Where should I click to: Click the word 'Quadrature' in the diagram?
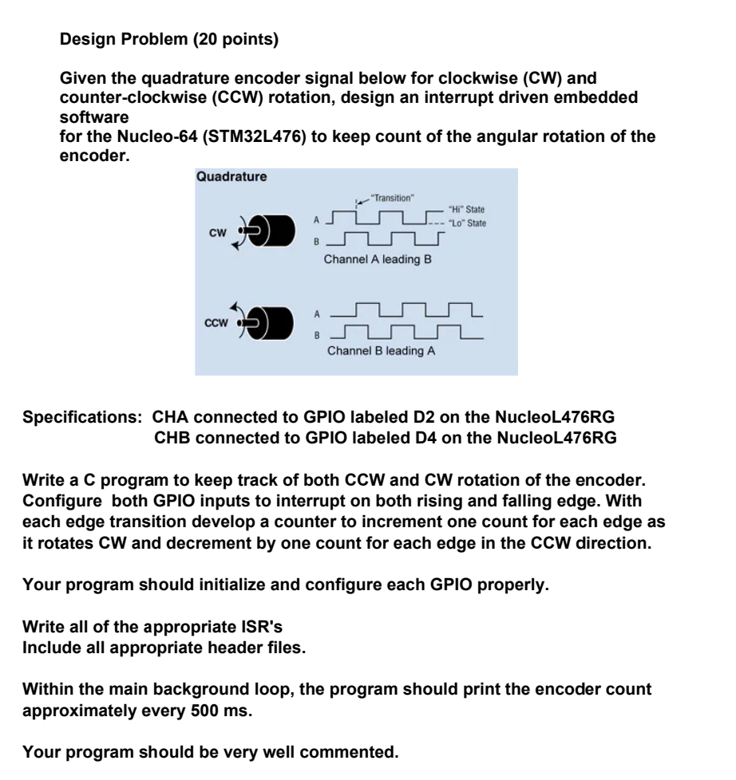pos(231,177)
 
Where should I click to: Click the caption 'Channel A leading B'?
pos(378,259)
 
